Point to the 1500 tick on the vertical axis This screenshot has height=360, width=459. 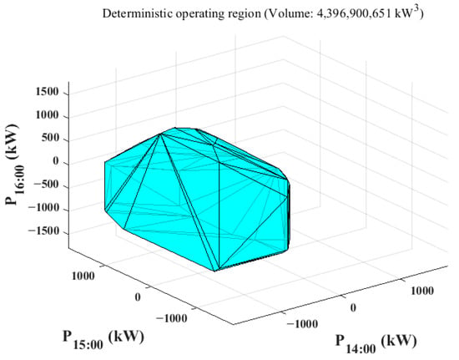click(47, 92)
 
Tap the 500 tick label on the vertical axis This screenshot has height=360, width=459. click(50, 139)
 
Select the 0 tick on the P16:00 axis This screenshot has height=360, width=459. click(56, 161)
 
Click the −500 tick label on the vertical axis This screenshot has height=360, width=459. click(46, 185)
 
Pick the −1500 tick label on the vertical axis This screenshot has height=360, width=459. click(43, 231)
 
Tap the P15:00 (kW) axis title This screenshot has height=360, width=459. click(103, 339)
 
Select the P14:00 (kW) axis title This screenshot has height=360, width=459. click(376, 343)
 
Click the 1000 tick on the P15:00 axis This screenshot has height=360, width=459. click(83, 276)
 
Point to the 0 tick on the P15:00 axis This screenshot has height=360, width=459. click(138, 297)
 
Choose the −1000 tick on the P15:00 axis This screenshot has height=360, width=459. click(172, 318)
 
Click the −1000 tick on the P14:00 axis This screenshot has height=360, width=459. click(302, 324)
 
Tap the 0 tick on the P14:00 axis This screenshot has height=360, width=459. click(353, 307)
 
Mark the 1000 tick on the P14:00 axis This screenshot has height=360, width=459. click(422, 291)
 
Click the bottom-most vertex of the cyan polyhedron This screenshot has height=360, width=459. click(214, 271)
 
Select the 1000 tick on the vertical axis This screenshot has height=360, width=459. click(47, 115)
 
